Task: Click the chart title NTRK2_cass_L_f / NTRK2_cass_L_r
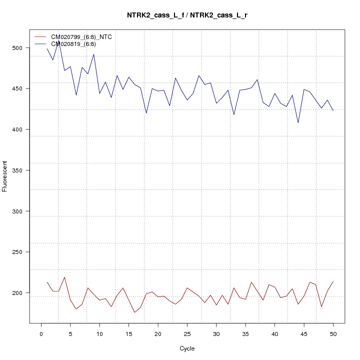pos(187,15)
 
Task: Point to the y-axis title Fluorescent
pos(5,176)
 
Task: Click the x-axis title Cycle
pos(187,348)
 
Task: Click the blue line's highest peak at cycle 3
pos(58,41)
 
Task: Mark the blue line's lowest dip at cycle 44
pos(298,123)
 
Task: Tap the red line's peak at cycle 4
pos(64,277)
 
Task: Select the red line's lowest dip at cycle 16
pos(134,312)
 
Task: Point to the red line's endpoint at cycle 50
pos(333,281)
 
